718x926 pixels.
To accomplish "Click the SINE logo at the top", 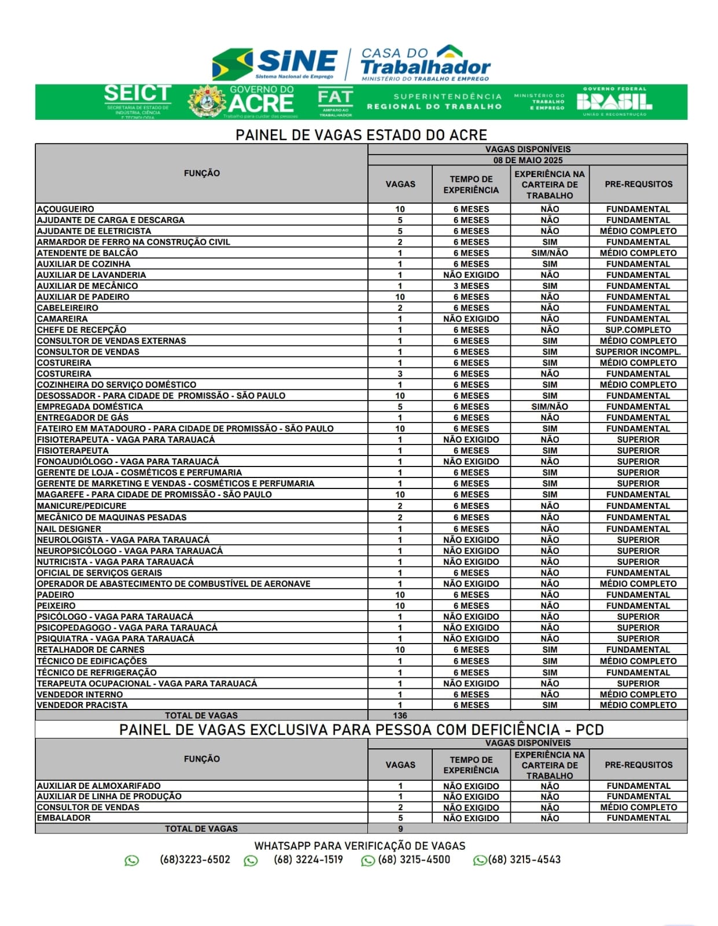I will [275, 63].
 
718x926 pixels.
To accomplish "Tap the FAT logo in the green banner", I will [335, 101].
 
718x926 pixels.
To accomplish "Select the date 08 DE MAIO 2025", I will [528, 160].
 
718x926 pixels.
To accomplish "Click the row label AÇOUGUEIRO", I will [65, 209].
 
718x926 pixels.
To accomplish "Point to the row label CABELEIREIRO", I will [68, 308].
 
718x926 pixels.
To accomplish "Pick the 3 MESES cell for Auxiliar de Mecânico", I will [471, 286].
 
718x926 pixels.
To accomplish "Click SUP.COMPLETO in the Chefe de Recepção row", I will [638, 330].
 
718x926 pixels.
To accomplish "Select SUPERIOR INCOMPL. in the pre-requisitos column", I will [638, 352].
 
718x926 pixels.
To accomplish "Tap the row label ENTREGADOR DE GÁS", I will [83, 417].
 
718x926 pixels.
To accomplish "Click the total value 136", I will [400, 715].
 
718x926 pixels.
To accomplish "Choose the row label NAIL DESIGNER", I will [69, 529].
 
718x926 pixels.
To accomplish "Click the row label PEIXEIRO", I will [56, 606].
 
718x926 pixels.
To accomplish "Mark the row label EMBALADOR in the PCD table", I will [64, 818].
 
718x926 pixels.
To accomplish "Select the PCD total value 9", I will [400, 829].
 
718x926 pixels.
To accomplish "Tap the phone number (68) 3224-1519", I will [308, 859].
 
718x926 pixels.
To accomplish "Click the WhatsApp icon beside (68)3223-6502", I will [132, 861].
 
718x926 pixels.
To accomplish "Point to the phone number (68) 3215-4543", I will [524, 859].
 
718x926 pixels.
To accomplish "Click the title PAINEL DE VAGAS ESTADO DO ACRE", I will [361, 135].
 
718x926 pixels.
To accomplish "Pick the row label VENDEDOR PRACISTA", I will [82, 705].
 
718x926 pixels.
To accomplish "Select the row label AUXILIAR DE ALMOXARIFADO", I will [99, 786].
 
